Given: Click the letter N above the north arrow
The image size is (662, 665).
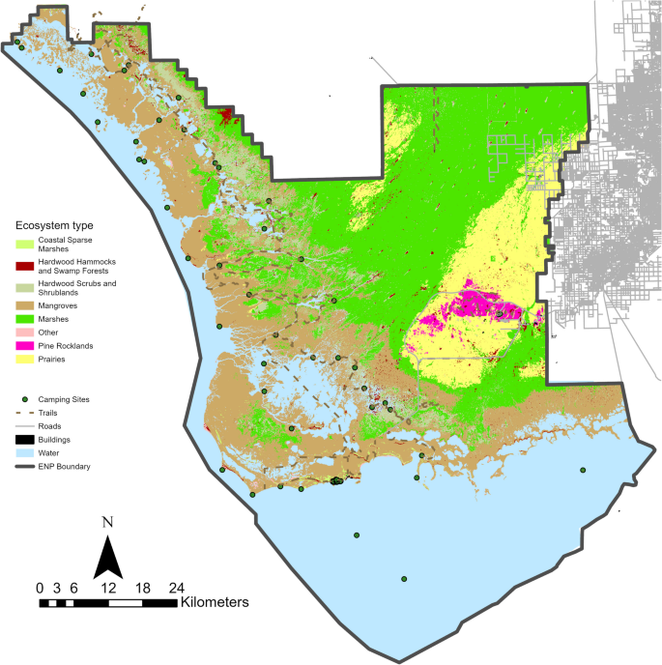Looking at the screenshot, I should click(108, 523).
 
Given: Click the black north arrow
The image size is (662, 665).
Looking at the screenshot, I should click(109, 555).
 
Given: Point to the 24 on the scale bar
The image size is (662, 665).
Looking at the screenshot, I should click(177, 587).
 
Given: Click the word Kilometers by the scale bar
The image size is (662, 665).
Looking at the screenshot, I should click(215, 602).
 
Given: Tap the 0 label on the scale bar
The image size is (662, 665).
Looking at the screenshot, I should click(40, 587).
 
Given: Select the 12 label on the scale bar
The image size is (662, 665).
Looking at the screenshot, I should click(108, 587).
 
